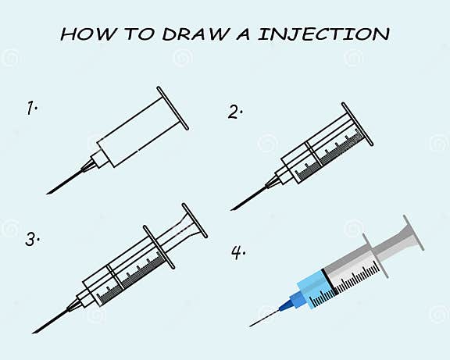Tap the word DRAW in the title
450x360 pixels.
pyautogui.click(x=187, y=34)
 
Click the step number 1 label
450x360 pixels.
pyautogui.click(x=32, y=109)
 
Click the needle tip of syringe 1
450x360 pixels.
pyautogui.click(x=48, y=192)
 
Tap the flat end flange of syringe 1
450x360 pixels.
pyautogui.click(x=173, y=109)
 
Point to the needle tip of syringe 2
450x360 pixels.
pyautogui.click(x=234, y=209)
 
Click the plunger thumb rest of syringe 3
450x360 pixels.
pyautogui.click(x=195, y=221)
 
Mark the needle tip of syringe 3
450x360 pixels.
pyautogui.click(x=34, y=331)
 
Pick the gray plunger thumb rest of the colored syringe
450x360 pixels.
pyautogui.click(x=412, y=233)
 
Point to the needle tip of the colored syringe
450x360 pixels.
pyautogui.click(x=252, y=325)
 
